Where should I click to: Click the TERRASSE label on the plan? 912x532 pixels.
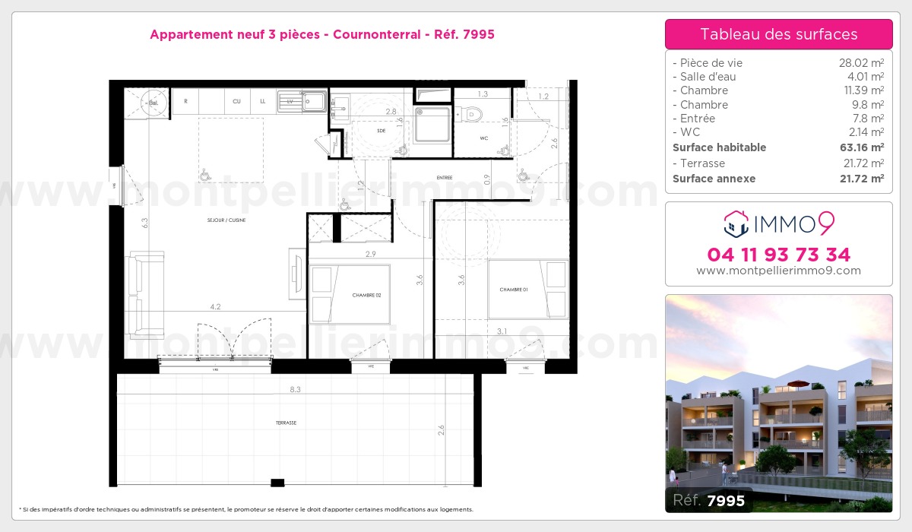286,423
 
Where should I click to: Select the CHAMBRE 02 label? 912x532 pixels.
366,295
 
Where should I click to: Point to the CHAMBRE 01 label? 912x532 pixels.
513,290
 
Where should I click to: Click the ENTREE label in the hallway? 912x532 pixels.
445,178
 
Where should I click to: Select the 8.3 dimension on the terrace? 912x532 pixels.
295,389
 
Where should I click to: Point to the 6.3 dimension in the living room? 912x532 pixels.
144,223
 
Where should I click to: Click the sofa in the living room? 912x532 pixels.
145,294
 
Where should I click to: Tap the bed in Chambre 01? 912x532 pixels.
528,289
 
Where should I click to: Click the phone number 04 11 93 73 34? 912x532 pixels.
778,255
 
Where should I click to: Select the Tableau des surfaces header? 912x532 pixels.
778,34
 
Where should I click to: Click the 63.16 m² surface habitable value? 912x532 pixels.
866,147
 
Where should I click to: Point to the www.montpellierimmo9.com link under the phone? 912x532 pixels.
778,271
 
